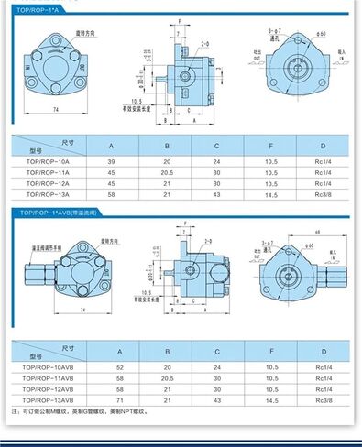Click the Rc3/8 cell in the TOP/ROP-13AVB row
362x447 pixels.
coord(322,400)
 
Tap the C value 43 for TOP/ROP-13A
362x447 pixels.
coord(217,195)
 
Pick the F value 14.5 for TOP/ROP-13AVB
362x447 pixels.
coord(272,400)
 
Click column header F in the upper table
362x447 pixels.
coord(272,146)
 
